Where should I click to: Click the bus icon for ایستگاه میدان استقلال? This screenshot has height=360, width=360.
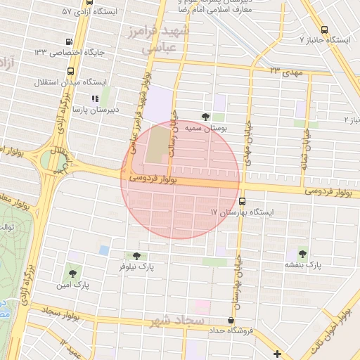click(70, 71)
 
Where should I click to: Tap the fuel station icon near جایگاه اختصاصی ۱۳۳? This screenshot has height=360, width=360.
click(68, 41)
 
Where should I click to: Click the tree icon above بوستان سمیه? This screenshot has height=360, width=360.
click(205, 117)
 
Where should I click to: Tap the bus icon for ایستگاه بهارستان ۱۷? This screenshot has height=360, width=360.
click(242, 200)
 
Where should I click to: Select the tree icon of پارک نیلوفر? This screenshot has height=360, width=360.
click(136, 256)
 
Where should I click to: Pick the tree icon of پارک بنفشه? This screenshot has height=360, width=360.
click(302, 254)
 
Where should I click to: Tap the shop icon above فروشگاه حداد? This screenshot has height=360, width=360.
click(231, 319)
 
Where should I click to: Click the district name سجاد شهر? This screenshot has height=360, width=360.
click(176, 322)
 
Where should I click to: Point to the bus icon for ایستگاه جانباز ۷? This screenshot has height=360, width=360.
click(324, 30)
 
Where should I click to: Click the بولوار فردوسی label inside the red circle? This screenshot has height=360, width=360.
click(152, 181)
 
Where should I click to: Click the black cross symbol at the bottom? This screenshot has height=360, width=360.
click(278, 354)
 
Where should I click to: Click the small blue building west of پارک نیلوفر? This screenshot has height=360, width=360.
click(104, 250)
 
